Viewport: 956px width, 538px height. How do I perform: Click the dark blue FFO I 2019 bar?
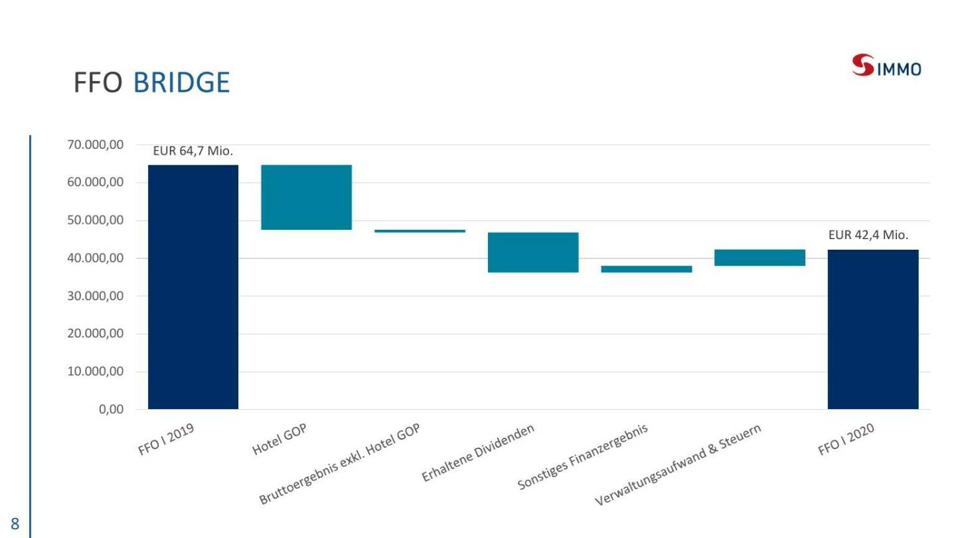pos(193,286)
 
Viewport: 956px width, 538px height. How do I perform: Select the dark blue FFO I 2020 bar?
pos(872,329)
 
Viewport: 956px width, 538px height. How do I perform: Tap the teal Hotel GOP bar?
pos(306,197)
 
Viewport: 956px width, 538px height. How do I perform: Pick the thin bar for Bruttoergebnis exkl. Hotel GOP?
pos(420,230)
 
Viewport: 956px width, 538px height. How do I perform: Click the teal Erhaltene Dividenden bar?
pos(533,252)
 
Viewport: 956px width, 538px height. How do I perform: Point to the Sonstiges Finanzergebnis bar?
pos(646,269)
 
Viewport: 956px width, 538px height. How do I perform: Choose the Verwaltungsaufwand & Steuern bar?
pos(759,257)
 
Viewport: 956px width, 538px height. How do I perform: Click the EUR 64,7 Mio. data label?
pos(193,151)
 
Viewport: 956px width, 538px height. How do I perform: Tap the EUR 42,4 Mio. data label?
pos(868,235)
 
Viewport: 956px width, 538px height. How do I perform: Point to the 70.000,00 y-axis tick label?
pos(96,145)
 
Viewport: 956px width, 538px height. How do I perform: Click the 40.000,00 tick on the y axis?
pos(96,258)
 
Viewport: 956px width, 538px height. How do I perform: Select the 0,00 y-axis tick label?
pos(111,410)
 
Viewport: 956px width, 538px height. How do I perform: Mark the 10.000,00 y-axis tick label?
pos(96,372)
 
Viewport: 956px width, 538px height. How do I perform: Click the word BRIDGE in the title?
pos(181,83)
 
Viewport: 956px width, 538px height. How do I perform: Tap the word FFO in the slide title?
pos(99,83)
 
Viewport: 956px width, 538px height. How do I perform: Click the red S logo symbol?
pos(864,66)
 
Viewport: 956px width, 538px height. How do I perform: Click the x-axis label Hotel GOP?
pos(279,440)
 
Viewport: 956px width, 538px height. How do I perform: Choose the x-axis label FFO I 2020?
pos(846,440)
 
